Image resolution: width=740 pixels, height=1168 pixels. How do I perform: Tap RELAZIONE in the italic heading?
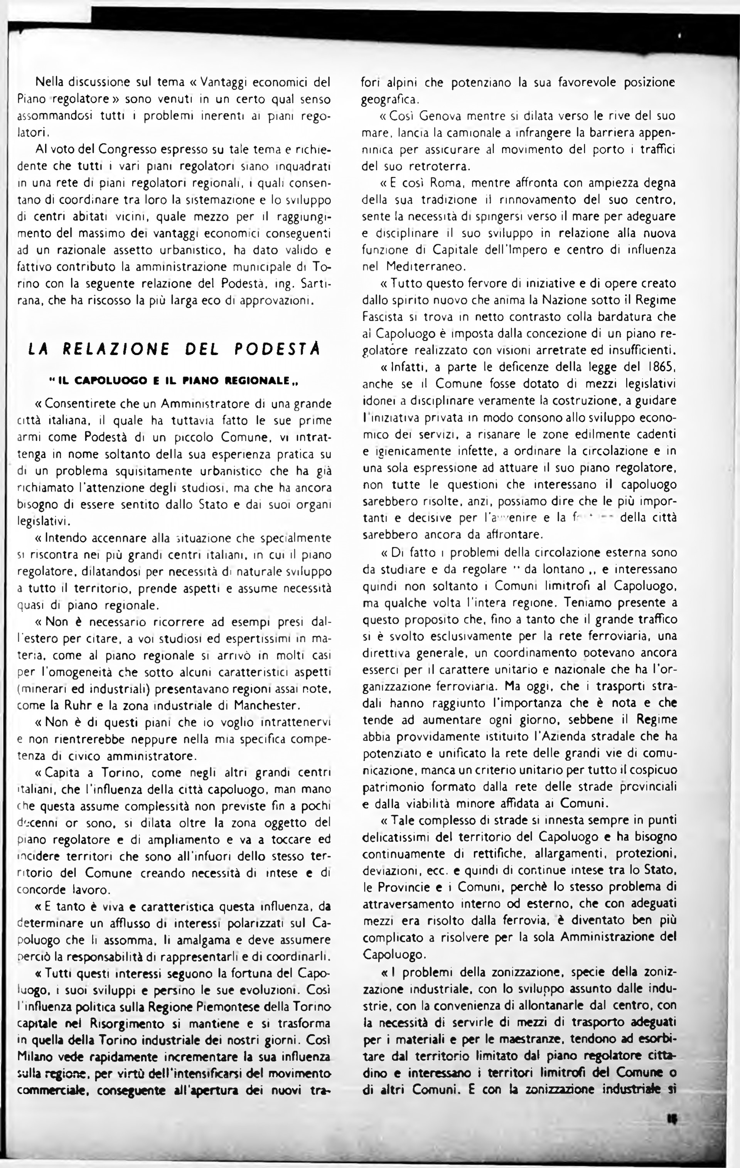(116, 349)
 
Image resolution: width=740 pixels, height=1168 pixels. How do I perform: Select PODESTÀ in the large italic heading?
(277, 349)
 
